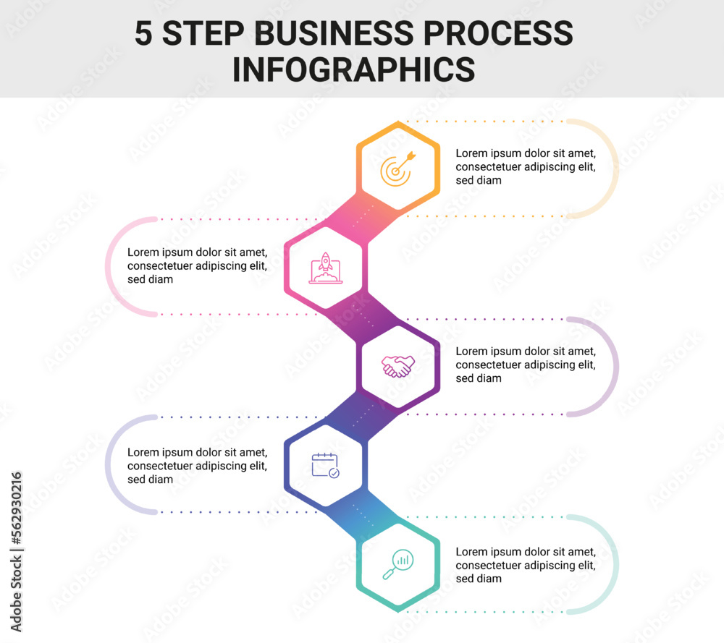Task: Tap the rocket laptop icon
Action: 325,268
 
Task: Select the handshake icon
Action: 398,366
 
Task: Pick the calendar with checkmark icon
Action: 325,464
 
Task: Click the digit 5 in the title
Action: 144,34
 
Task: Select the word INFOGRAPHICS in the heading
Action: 353,69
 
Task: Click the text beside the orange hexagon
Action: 526,166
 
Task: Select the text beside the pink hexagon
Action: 198,265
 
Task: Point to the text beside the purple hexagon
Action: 526,365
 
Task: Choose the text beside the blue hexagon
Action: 198,465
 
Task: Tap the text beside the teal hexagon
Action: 526,565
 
